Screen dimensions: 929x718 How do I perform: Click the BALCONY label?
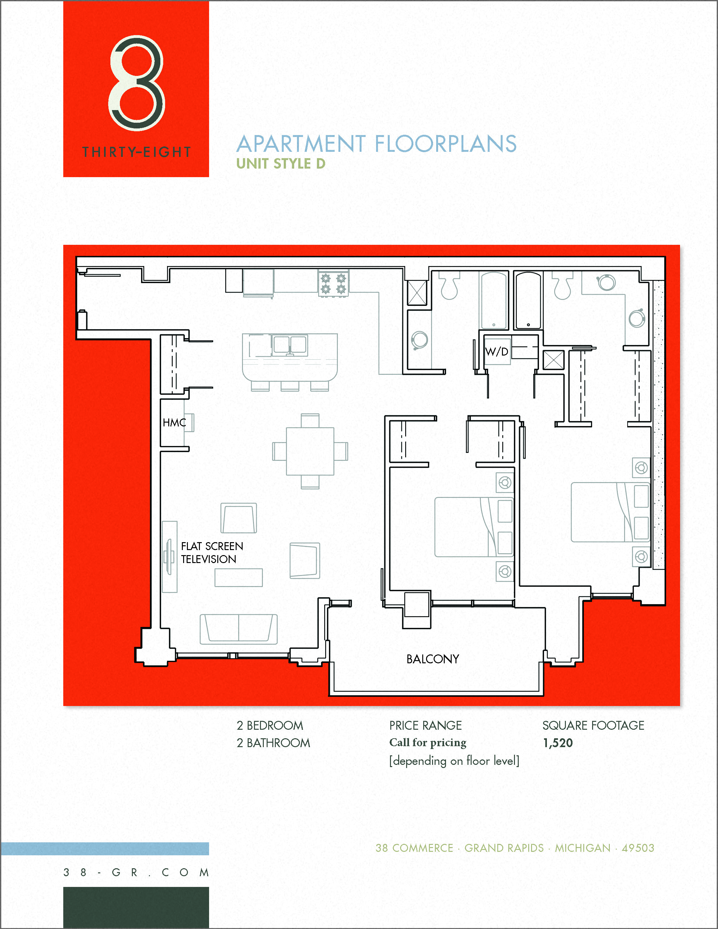433,659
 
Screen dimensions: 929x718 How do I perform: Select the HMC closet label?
174,422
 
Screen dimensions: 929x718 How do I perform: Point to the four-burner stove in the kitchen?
333,284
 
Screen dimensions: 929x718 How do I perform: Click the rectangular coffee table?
238,578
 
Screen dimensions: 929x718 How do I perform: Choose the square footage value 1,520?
558,743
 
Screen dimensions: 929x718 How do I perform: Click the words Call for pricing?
428,743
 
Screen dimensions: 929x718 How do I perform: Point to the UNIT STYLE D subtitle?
281,164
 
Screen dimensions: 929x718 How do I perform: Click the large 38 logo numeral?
137,83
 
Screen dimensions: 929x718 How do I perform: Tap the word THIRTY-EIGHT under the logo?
137,152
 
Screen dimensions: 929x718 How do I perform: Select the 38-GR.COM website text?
136,872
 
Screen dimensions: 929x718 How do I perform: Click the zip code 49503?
638,848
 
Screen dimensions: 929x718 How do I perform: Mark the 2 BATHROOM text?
273,743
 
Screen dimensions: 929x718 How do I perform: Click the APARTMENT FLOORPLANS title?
376,144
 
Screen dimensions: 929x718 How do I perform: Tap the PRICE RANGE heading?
425,725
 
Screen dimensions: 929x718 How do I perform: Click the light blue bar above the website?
105,849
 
